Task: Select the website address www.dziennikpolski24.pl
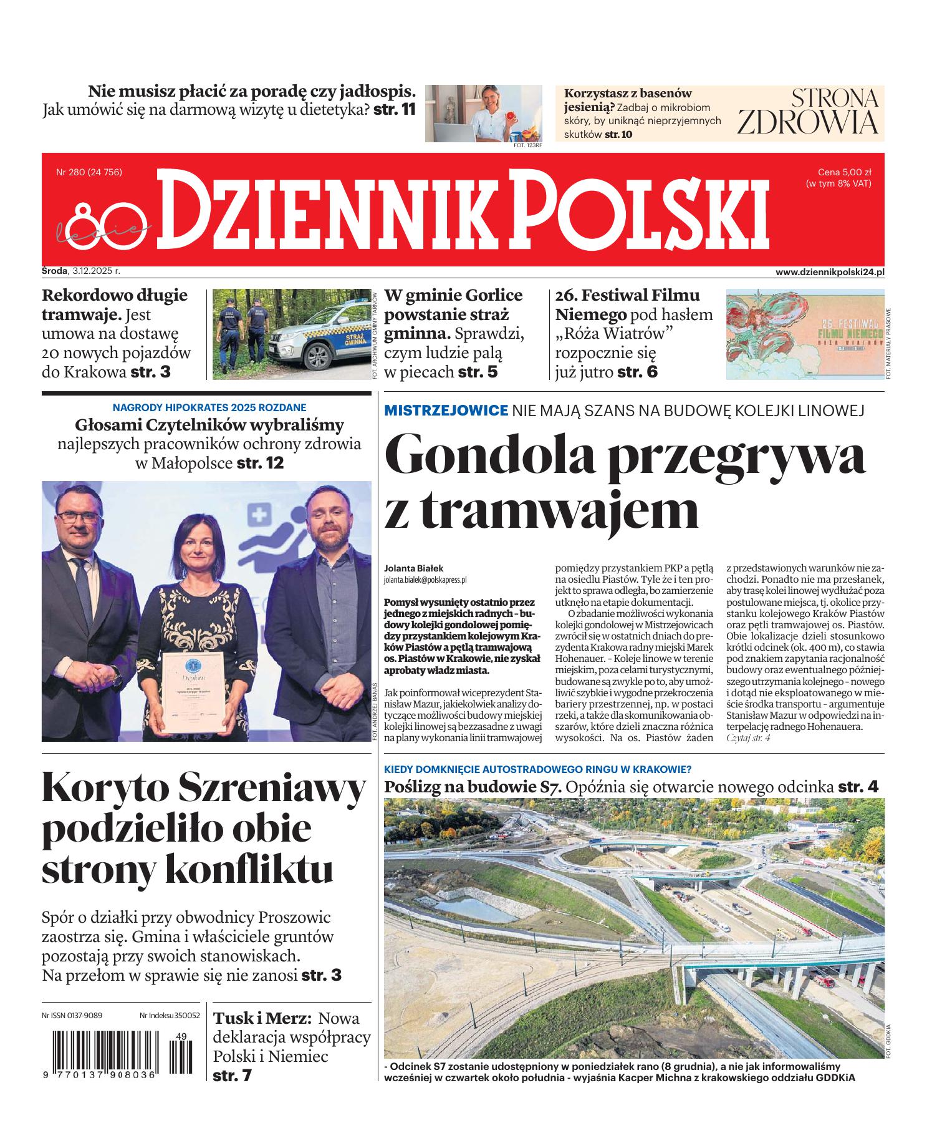tap(830, 272)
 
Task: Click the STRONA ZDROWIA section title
tap(808, 112)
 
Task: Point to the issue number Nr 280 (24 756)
tap(89, 172)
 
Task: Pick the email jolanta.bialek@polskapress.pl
tap(425, 580)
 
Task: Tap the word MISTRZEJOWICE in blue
tap(446, 410)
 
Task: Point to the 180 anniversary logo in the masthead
tap(103, 222)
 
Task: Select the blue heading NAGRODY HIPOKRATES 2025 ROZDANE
tap(209, 407)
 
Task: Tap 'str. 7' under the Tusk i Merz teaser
tap(232, 1076)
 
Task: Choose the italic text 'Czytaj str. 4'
tap(748, 738)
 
